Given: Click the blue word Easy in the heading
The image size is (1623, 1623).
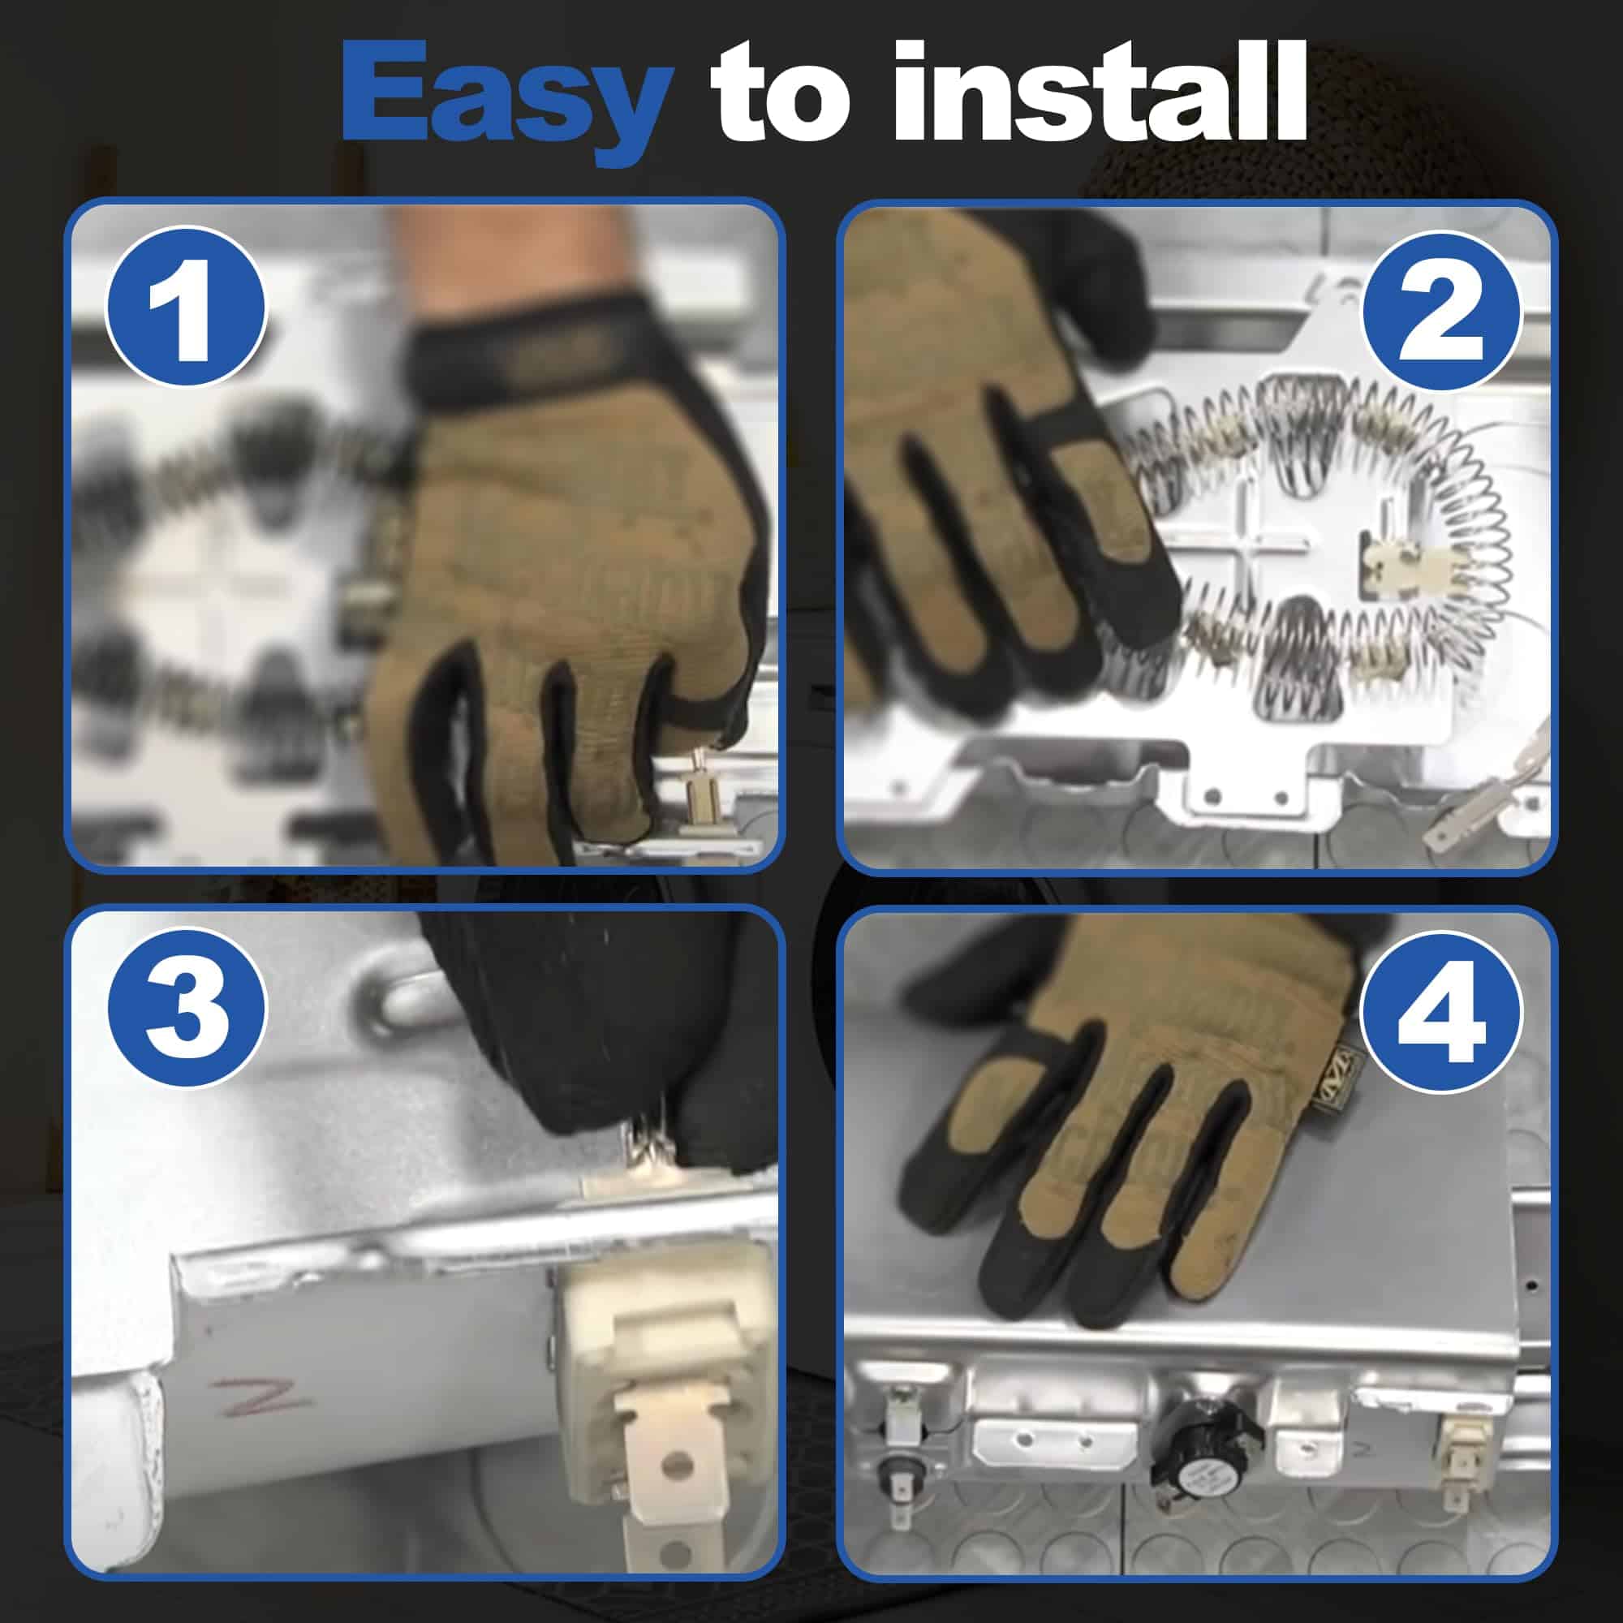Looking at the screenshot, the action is (x=506, y=99).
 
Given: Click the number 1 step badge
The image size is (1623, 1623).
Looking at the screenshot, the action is (x=186, y=307).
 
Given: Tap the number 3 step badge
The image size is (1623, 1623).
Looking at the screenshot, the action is (x=186, y=1006).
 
